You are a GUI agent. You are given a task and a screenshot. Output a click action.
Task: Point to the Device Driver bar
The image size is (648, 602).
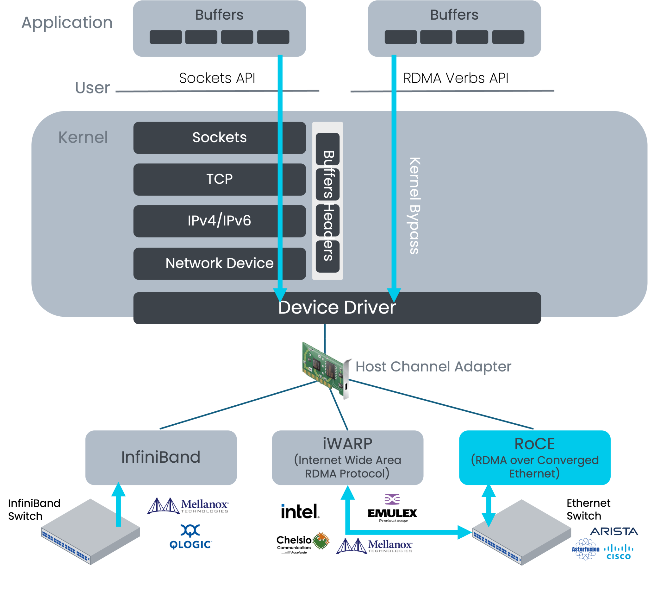(x=337, y=308)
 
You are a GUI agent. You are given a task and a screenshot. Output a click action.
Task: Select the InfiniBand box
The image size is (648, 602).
(x=161, y=457)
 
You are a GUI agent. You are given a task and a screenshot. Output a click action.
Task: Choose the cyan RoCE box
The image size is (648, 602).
(x=534, y=457)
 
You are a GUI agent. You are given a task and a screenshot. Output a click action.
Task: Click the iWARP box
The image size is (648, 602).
(x=347, y=457)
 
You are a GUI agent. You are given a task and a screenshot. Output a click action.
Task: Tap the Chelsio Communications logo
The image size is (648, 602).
(x=302, y=542)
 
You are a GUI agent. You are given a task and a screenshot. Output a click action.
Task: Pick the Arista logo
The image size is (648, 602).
(x=614, y=531)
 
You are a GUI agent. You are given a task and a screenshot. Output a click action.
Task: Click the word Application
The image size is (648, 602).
(x=67, y=23)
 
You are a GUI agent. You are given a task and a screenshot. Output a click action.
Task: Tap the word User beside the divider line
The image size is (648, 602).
(x=92, y=88)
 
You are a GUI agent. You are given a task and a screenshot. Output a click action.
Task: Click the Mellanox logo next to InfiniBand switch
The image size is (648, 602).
(x=188, y=506)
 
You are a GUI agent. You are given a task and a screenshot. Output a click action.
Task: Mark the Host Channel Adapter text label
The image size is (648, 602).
(x=433, y=367)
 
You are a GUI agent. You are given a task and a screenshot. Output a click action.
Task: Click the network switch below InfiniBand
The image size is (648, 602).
(x=90, y=531)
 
